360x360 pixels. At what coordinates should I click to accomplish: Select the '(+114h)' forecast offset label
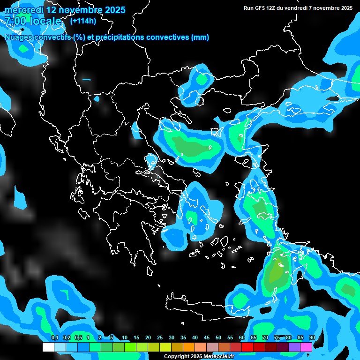[x=83, y=21]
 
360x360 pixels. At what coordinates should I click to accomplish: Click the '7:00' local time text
[x=15, y=21]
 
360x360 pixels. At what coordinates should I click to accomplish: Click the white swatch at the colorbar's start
[x=48, y=347]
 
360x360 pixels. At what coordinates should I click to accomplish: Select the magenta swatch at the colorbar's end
[x=306, y=347]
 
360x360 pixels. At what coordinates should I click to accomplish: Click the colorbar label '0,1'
[x=54, y=338]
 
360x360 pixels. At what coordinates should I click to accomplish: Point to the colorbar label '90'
[x=312, y=338]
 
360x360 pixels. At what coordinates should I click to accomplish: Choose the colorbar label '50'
[x=218, y=338]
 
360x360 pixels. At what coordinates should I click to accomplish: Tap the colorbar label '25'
[x=160, y=338]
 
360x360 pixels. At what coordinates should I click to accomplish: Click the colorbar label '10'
[x=125, y=338]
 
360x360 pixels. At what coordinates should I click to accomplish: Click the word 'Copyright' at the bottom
[x=176, y=357]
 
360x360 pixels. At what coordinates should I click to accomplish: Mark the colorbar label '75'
[x=277, y=338]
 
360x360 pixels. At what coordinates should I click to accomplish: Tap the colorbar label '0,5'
[x=78, y=338]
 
